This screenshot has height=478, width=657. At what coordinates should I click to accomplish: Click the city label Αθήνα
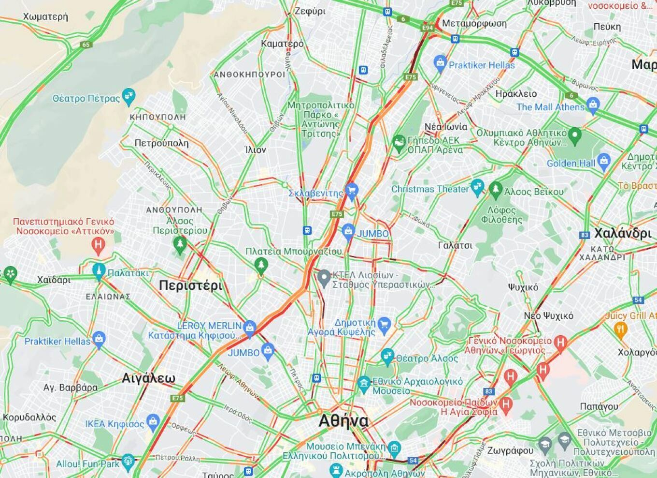343,421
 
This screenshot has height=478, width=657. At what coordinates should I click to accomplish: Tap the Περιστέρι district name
191,285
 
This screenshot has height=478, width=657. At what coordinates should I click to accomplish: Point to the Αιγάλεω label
148,378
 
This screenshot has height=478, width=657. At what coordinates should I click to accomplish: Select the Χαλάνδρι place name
623,233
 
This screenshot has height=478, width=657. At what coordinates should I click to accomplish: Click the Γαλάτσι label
455,245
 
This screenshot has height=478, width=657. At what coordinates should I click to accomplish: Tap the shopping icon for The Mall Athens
593,104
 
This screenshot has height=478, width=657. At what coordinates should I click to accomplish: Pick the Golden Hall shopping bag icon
603,161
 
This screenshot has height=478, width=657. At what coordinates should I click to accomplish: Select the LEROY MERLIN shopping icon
250,328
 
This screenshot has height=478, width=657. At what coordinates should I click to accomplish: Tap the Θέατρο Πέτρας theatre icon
129,96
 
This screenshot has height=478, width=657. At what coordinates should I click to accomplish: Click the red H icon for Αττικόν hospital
98,245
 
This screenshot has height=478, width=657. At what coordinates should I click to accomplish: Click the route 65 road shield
86,45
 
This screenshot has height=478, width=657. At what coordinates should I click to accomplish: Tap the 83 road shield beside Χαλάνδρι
585,235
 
